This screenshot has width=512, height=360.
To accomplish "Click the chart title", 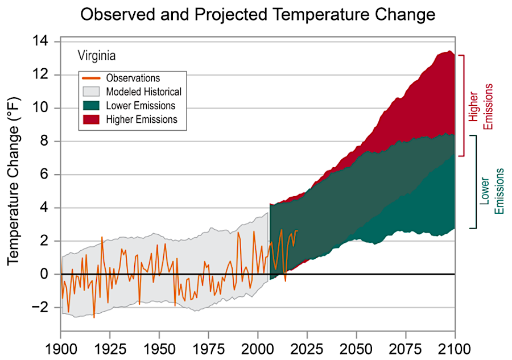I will [x=258, y=15].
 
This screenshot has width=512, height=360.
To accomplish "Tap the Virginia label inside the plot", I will [x=97, y=56].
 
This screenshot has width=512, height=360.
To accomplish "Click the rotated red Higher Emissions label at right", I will [x=480, y=106].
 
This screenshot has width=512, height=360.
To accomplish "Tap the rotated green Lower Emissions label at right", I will [x=492, y=191].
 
